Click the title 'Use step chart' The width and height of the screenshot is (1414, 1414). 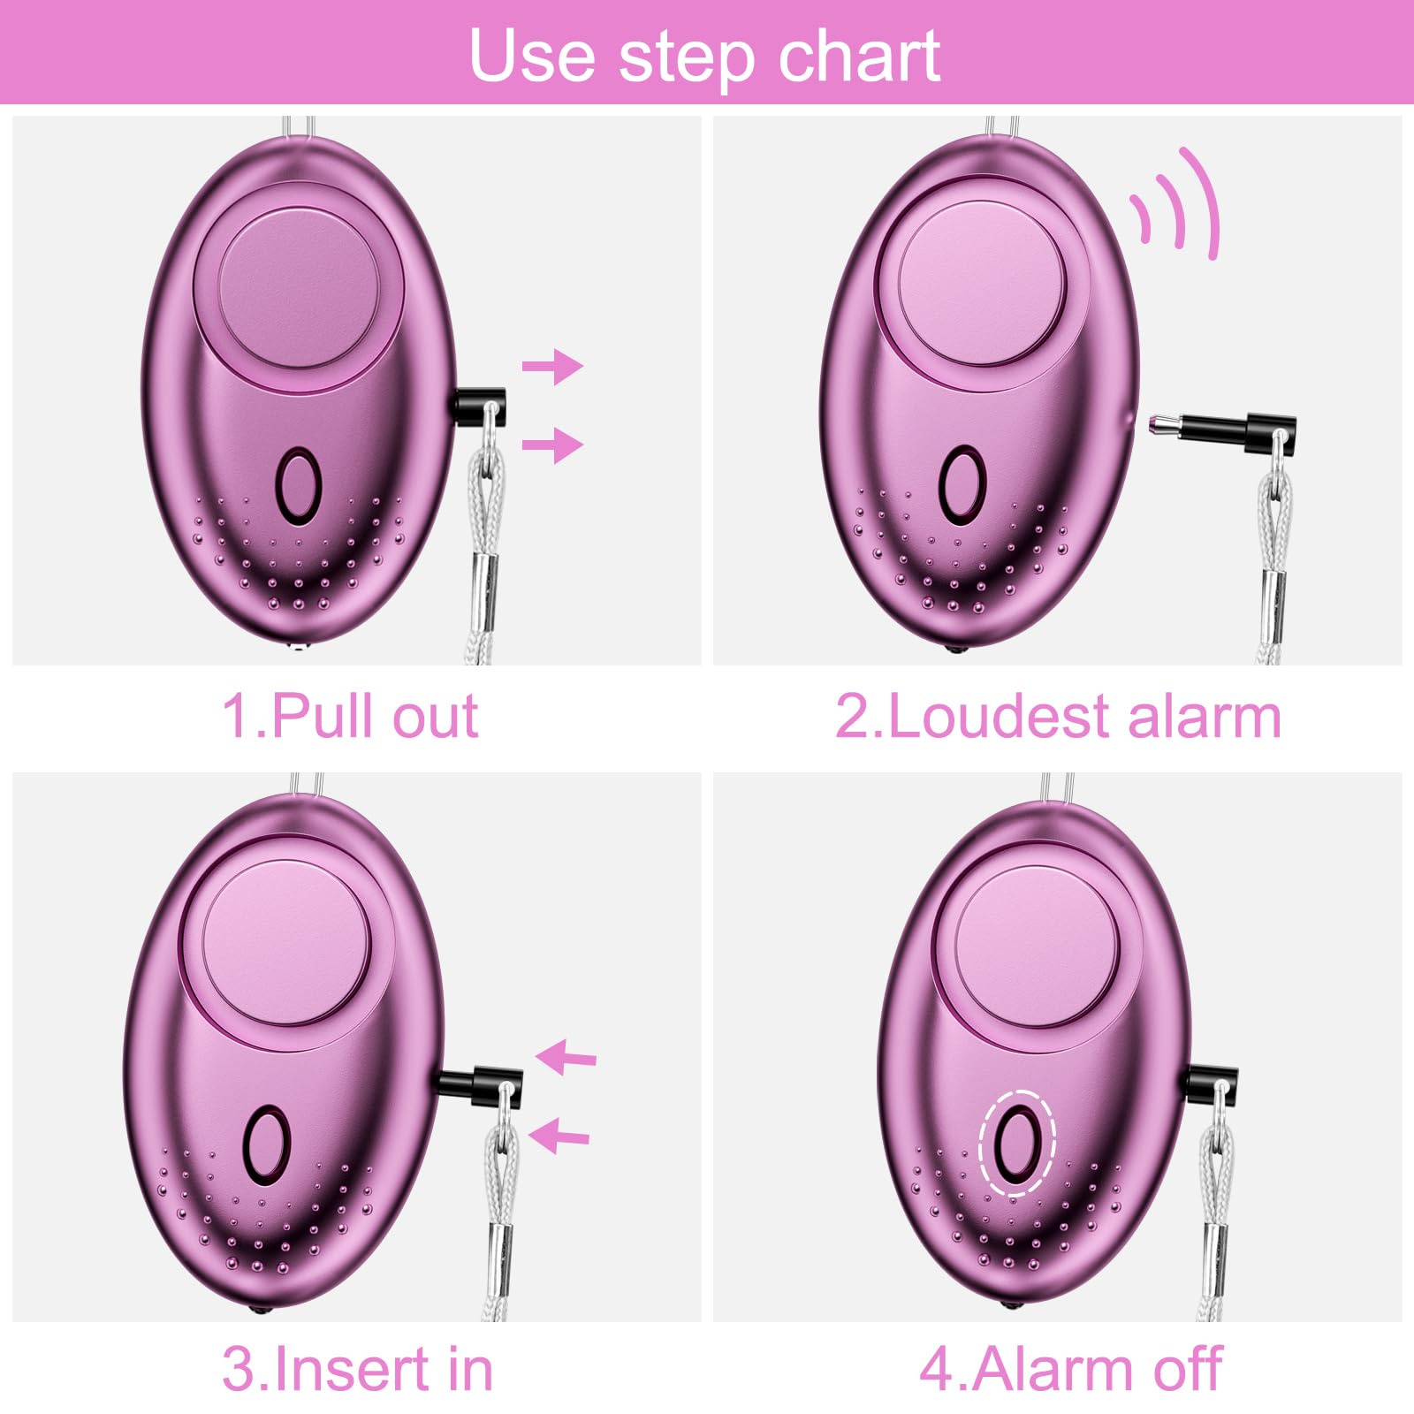coord(704,55)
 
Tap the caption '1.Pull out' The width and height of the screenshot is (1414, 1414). coord(350,715)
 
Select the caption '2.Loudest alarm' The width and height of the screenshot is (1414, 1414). coord(1058,715)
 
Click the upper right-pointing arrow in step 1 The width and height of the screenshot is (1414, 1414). coord(552,365)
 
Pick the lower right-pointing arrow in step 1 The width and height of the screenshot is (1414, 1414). coord(552,444)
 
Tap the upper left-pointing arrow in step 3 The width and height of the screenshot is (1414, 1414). coord(566,1057)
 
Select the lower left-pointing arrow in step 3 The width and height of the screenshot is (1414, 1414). coord(559,1135)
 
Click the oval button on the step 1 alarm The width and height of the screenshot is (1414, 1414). coord(297,483)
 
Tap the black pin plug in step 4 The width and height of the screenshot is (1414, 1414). coord(1212,1083)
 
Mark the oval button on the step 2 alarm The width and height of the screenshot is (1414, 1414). coord(962,483)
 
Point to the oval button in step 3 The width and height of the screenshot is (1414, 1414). coord(267,1144)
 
